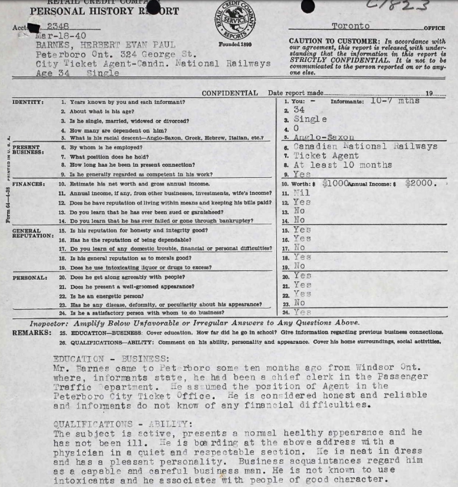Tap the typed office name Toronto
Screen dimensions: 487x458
coord(351,26)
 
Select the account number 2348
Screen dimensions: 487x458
coord(58,27)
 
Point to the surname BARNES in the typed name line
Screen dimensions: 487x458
coord(55,46)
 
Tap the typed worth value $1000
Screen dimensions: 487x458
coord(335,184)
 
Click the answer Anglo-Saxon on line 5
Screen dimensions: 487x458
coord(324,137)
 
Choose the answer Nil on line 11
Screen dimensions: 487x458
coord(302,193)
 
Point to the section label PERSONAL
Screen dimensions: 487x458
coord(30,278)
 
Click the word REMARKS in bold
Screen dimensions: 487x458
coord(32,333)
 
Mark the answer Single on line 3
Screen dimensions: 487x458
coord(310,119)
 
